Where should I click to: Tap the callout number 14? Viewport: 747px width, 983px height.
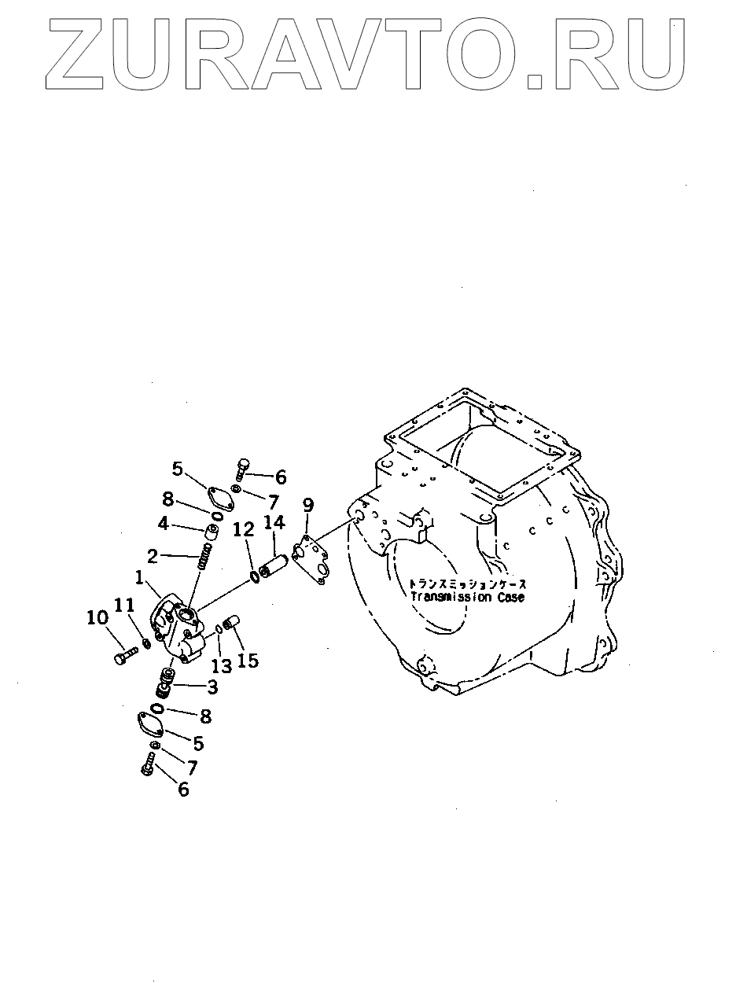pos(274,522)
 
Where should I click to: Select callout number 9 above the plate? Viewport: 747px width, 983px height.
pos(307,504)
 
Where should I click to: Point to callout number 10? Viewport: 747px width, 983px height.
pos(98,618)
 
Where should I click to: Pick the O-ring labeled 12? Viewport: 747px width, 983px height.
pos(256,577)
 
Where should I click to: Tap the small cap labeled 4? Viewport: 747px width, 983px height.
pos(210,533)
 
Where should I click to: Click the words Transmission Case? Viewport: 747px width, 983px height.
pos(466,597)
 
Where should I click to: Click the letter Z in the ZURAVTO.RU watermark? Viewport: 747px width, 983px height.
pos(82,53)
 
